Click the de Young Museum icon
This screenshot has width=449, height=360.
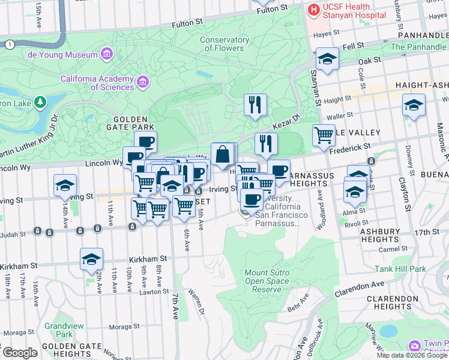pyautogui.click(x=107, y=55)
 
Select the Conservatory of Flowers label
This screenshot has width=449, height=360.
pyautogui.click(x=224, y=44)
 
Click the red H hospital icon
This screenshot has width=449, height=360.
pyautogui.click(x=313, y=10)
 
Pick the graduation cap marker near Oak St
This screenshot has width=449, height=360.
pyautogui.click(x=327, y=59)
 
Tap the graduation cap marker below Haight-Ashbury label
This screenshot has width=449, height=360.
pyautogui.click(x=414, y=106)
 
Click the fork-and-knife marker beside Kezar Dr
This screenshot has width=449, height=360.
pyautogui.click(x=256, y=104)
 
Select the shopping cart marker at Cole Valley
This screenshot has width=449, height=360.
pyautogui.click(x=324, y=135)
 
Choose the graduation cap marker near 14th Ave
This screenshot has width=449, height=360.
pyautogui.click(x=65, y=185)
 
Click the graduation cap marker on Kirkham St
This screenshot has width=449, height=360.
pyautogui.click(x=91, y=259)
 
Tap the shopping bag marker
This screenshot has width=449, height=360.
pyautogui.click(x=222, y=154)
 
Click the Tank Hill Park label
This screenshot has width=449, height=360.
pyautogui.click(x=401, y=269)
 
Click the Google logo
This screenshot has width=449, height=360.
pyautogui.click(x=20, y=353)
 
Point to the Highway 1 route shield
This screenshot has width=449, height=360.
pyautogui.click(x=9, y=44)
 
